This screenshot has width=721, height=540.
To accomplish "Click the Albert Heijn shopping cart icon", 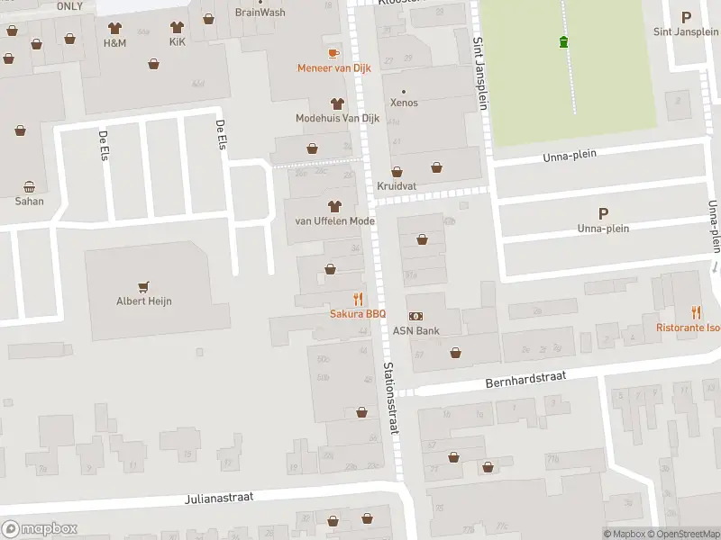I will point(143,286).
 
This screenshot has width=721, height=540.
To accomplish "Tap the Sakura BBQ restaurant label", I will point(358,313).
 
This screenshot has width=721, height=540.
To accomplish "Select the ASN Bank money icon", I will point(416,316).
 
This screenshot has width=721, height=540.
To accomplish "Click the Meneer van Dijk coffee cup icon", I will point(334,53).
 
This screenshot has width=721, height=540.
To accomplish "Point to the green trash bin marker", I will point(564,41).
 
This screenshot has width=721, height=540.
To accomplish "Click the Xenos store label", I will point(404,103).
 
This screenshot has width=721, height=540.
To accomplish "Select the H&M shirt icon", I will point(114,28).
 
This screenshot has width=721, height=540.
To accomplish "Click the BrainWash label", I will point(260,13).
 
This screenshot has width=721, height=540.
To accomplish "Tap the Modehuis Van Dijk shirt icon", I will point(338,104).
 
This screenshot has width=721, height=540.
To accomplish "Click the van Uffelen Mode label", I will point(334,220).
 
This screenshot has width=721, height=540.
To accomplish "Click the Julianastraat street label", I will point(220,497).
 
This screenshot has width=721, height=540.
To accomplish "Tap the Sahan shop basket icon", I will point(29,187).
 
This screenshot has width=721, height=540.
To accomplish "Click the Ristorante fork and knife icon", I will point(696,312).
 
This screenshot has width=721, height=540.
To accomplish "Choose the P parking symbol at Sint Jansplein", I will point(686,17).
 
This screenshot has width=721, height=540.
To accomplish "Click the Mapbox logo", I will point(39,529).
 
